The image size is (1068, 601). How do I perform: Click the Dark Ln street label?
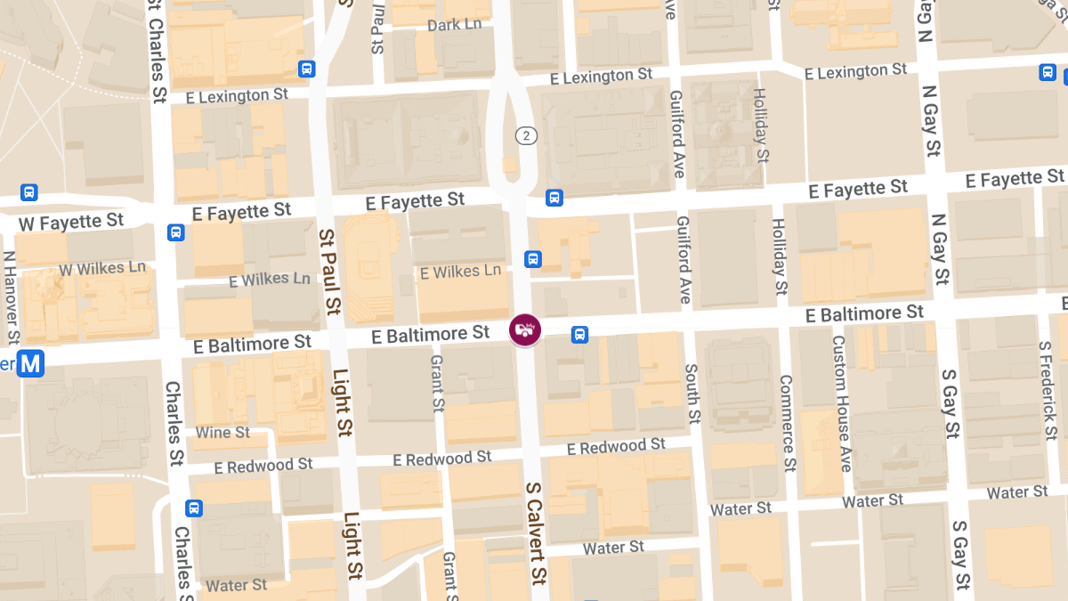coord(455,25)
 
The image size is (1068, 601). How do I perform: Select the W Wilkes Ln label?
coord(102,268)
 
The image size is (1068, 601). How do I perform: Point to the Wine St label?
coord(222,433)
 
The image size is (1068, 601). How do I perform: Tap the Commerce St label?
coord(787,423)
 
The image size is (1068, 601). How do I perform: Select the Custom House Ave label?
coord(842,403)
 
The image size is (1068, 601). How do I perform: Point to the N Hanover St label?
coord(12,298)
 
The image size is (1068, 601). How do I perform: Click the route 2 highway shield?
coord(528,135)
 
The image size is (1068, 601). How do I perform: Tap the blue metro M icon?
coord(31,363)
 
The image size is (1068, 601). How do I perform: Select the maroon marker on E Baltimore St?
coord(525,330)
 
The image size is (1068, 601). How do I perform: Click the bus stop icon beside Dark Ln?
coord(307,69)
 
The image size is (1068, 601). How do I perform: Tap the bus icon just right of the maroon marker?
coord(579,335)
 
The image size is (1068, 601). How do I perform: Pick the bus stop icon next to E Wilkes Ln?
coord(532,259)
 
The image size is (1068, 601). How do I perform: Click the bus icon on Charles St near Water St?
coord(193,508)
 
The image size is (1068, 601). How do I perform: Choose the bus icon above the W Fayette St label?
coord(29,192)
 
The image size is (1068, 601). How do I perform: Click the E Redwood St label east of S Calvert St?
coord(616,446)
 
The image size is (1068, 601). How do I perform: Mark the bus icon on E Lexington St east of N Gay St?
coord(1048,72)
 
